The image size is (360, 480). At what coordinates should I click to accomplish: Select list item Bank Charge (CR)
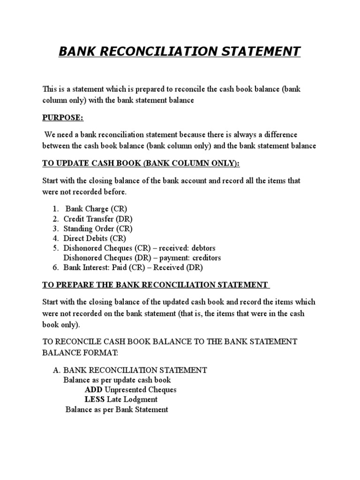(96, 209)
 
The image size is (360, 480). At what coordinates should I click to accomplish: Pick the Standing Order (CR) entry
(98, 229)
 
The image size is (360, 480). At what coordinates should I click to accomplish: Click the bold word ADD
(93, 390)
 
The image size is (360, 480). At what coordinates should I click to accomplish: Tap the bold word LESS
(95, 399)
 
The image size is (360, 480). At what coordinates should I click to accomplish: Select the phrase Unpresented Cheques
(141, 390)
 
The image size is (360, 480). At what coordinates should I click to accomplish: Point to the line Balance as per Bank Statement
(117, 409)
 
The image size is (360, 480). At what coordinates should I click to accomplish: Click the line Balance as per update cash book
(117, 380)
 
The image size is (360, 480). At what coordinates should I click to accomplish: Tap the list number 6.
(55, 268)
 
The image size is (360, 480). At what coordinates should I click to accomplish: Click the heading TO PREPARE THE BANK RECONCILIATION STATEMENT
(155, 285)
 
